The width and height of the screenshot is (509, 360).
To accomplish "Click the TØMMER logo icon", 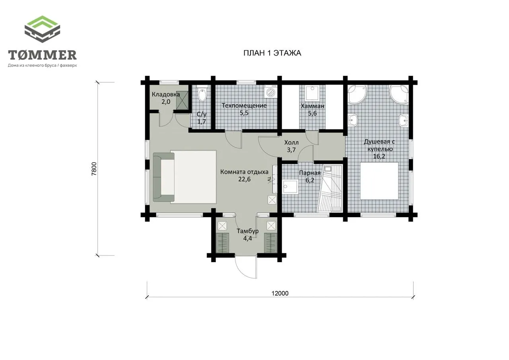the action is coord(42,29).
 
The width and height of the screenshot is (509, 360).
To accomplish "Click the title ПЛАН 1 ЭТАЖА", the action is coord(272,53).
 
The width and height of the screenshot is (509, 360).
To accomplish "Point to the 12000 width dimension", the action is coord(280,293).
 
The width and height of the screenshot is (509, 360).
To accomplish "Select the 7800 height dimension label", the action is coord(94,169).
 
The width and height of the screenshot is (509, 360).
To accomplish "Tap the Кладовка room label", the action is coord(166,94).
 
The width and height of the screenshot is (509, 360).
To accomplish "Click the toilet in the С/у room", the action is coord(202,93).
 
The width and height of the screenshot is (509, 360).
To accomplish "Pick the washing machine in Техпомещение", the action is coord(270,91).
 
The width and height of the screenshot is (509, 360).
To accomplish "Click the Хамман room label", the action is coord(313,106).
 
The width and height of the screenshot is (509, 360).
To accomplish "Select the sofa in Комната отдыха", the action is coord(164,177).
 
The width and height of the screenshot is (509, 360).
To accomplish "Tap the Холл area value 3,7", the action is coord(291,150).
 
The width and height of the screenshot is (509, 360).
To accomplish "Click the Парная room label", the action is coord(310,173).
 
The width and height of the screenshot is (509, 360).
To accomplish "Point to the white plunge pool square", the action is coord(379,181).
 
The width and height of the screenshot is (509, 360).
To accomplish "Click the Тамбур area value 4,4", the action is coord(247,238).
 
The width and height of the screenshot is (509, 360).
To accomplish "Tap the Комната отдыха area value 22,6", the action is coord(245,179).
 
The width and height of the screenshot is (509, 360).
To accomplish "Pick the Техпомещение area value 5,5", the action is coord(244,113).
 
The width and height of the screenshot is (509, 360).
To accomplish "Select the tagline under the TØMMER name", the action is coord(42,66).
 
